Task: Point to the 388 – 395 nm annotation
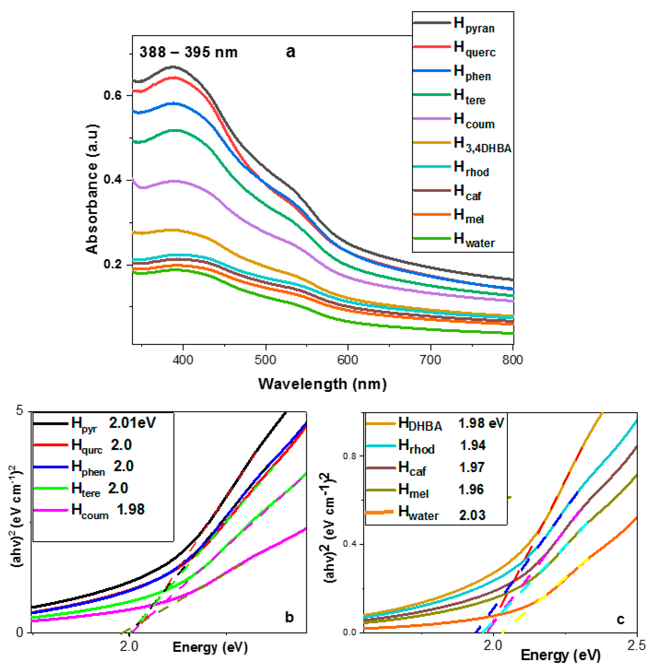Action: click(188, 52)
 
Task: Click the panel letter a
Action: click(290, 51)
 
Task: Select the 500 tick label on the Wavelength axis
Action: click(265, 360)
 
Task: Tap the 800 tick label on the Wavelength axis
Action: click(512, 360)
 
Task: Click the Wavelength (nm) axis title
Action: click(322, 383)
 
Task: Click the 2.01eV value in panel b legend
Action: click(132, 422)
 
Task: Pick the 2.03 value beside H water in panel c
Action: click(472, 515)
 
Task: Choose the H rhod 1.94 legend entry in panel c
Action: click(442, 446)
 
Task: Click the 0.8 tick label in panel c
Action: click(350, 456)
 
